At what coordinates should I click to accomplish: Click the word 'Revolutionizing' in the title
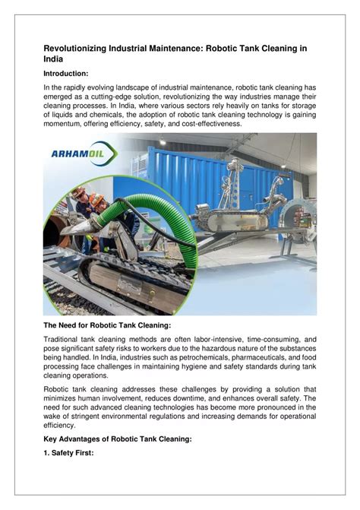point(81,47)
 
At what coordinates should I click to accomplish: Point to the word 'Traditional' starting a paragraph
point(65,339)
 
